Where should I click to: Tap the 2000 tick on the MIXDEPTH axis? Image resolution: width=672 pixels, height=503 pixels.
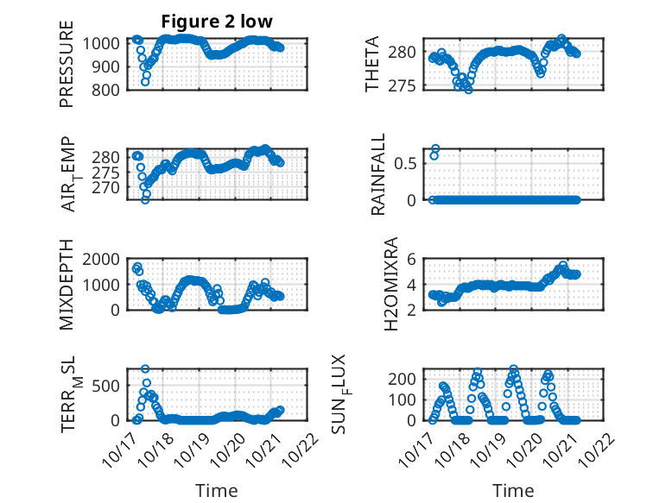click(x=107, y=259)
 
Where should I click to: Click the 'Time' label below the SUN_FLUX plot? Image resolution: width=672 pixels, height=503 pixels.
click(x=513, y=490)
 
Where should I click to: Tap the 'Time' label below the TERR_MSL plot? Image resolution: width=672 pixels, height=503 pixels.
click(x=217, y=490)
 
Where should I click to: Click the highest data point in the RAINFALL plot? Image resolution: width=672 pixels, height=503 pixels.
click(x=435, y=149)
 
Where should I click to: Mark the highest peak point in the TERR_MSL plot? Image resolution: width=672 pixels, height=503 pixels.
click(x=145, y=369)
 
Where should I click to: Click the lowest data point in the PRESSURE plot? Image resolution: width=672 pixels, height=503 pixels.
click(x=145, y=82)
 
